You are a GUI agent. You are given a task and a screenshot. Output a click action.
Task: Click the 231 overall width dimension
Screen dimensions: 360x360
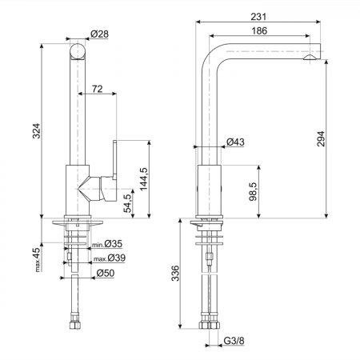click(258, 17)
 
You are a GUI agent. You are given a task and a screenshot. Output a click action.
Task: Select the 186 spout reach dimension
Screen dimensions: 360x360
click(259, 31)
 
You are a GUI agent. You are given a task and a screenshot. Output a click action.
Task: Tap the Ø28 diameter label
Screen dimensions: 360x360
click(99, 34)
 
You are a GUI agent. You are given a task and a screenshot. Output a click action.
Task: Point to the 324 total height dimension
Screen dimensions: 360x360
click(36, 130)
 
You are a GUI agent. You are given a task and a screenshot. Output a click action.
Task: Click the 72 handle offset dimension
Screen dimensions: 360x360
click(97, 89)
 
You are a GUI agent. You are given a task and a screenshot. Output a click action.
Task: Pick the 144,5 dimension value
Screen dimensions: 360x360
click(143, 179)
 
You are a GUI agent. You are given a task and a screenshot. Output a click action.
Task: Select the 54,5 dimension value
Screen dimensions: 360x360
click(128, 203)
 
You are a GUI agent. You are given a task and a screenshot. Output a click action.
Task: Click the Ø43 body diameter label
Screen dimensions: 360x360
click(235, 142)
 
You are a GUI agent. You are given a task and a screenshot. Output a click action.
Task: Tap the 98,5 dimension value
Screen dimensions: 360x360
click(253, 191)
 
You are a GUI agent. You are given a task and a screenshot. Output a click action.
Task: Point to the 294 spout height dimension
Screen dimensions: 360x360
click(321, 138)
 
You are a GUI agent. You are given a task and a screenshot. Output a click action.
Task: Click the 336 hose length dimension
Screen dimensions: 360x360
click(175, 273)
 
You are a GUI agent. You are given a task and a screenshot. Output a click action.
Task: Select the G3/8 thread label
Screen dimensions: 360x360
click(234, 341)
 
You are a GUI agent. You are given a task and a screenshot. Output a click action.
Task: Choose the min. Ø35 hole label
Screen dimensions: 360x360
click(107, 244)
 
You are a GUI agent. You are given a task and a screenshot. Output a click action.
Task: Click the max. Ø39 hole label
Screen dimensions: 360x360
click(110, 258)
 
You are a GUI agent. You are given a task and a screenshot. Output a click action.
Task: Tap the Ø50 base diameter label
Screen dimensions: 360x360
click(106, 273)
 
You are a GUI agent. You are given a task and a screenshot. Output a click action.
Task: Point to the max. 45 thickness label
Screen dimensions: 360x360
click(37, 260)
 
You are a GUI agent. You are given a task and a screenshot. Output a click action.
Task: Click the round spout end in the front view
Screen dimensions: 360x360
click(78, 51)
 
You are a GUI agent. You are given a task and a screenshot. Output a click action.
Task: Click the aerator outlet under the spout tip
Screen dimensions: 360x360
click(310, 58)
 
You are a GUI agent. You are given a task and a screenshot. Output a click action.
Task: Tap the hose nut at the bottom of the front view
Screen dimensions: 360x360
click(75, 325)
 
